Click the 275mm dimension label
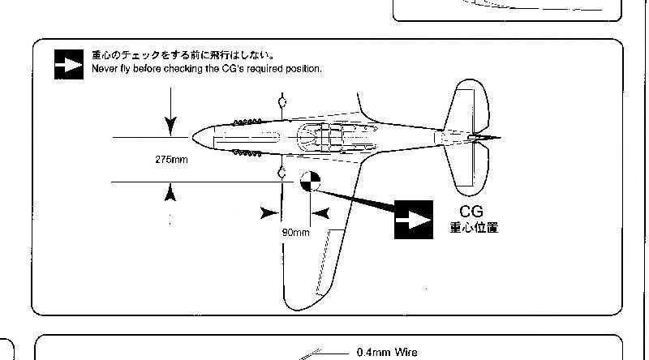[171, 160]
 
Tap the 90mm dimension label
[295, 233]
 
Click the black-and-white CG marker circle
[311, 182]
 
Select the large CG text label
[471, 212]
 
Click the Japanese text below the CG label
[474, 228]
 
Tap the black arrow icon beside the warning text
[69, 65]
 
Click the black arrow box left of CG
[414, 220]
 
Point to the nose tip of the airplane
[193, 137]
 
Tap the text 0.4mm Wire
[387, 353]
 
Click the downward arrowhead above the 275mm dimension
[170, 126]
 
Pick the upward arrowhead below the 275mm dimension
[170, 193]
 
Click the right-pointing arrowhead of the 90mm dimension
[270, 213]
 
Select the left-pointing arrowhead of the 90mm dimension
[320, 213]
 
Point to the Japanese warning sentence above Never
[183, 55]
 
